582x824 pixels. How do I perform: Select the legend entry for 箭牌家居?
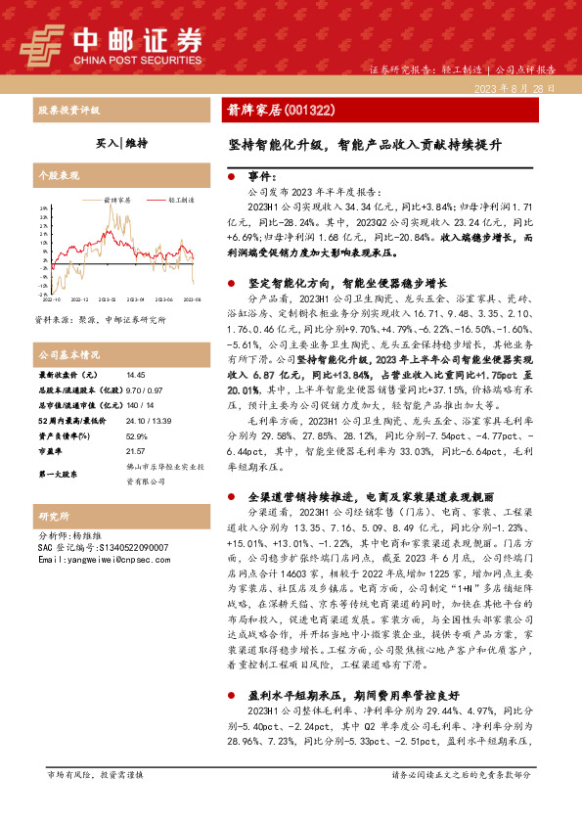(x=118, y=199)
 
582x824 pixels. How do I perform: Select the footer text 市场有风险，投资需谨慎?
(x=96, y=801)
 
